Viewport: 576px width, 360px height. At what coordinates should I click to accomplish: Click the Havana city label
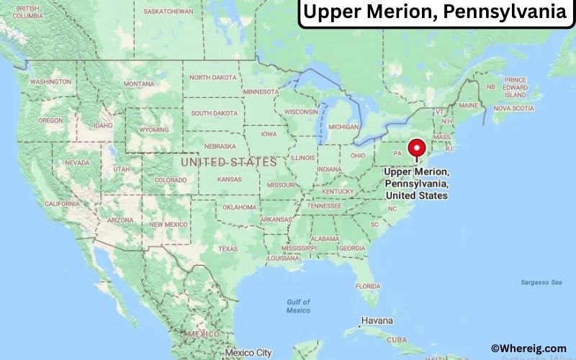377,320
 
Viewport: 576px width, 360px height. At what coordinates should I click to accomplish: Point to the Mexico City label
248,353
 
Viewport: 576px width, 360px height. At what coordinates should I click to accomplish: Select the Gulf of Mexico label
297,306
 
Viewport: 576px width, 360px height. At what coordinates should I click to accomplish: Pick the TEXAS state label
228,249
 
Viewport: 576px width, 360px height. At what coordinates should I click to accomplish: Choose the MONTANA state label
138,84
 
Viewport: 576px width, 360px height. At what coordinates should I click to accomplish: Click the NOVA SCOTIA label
513,109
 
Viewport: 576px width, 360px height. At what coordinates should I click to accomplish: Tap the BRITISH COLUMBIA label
27,12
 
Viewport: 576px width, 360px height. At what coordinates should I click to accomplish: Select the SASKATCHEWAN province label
168,12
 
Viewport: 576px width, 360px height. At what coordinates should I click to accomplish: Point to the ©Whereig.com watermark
528,348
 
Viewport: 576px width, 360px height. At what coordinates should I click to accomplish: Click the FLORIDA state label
367,286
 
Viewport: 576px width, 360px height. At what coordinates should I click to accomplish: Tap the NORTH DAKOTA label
213,77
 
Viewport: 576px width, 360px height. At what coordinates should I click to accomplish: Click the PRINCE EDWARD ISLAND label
515,87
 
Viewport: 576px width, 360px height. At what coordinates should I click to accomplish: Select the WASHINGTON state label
50,82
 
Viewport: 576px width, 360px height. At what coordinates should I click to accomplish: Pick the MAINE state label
468,105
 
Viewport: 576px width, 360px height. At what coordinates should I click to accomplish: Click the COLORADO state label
170,180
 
